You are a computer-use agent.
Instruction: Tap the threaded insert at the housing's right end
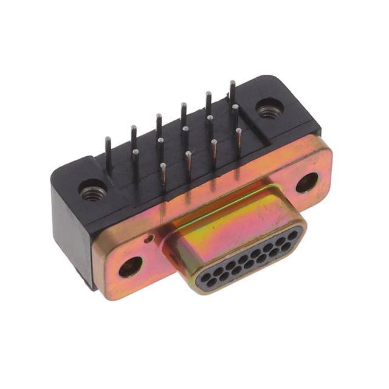tap(267, 110)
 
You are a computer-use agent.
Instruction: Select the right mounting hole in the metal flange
tap(307, 182)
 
